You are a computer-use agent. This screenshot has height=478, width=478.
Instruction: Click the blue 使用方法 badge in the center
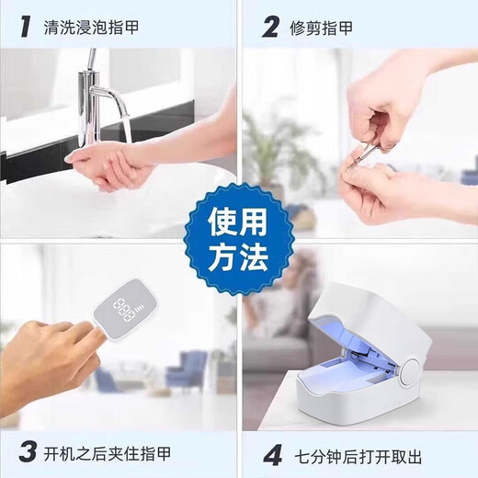[x=237, y=238]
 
